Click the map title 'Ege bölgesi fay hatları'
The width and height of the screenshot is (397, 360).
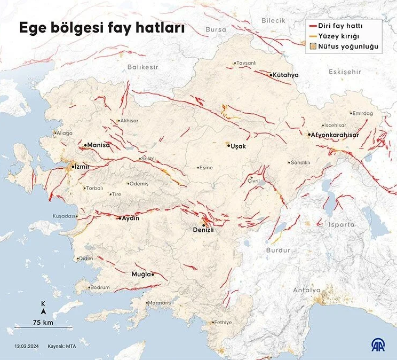[102, 28]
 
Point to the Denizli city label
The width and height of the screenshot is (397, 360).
[203, 230]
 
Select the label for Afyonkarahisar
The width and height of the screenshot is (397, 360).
[335, 135]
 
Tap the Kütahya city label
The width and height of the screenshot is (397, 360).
[285, 75]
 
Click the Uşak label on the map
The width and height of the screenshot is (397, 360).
[237, 146]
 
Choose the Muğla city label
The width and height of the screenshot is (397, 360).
[141, 274]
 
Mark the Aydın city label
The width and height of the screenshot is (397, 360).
[130, 218]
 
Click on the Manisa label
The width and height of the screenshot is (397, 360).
[98, 145]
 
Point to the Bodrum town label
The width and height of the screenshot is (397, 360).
[100, 287]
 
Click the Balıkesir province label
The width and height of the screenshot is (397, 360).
[143, 67]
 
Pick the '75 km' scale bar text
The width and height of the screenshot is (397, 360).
[43, 322]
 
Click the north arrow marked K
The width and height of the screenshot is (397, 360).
[43, 308]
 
